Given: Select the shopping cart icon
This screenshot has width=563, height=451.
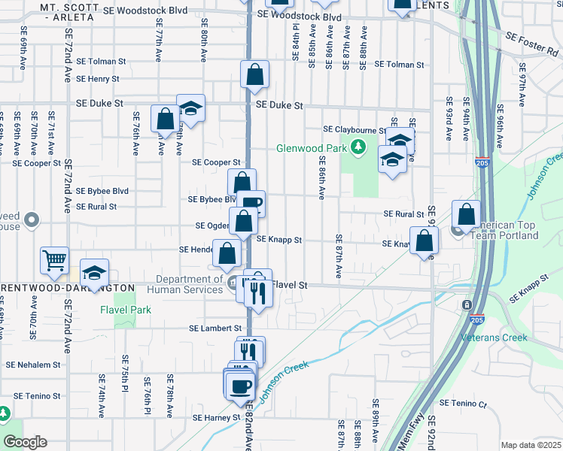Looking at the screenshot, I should (55, 260).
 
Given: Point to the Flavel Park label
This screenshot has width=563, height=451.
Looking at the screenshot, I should (126, 310).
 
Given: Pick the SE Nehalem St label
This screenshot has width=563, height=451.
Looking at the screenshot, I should (32, 365).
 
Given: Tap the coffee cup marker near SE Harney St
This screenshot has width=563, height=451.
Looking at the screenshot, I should (240, 386).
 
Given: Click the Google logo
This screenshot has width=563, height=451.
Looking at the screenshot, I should (25, 442).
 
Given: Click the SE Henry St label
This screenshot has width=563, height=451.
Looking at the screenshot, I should (93, 79).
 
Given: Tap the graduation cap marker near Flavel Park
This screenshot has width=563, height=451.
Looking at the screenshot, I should (94, 272).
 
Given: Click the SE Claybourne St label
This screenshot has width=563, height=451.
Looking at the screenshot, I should (355, 129).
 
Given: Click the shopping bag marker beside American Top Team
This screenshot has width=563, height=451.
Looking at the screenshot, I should (466, 214).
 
